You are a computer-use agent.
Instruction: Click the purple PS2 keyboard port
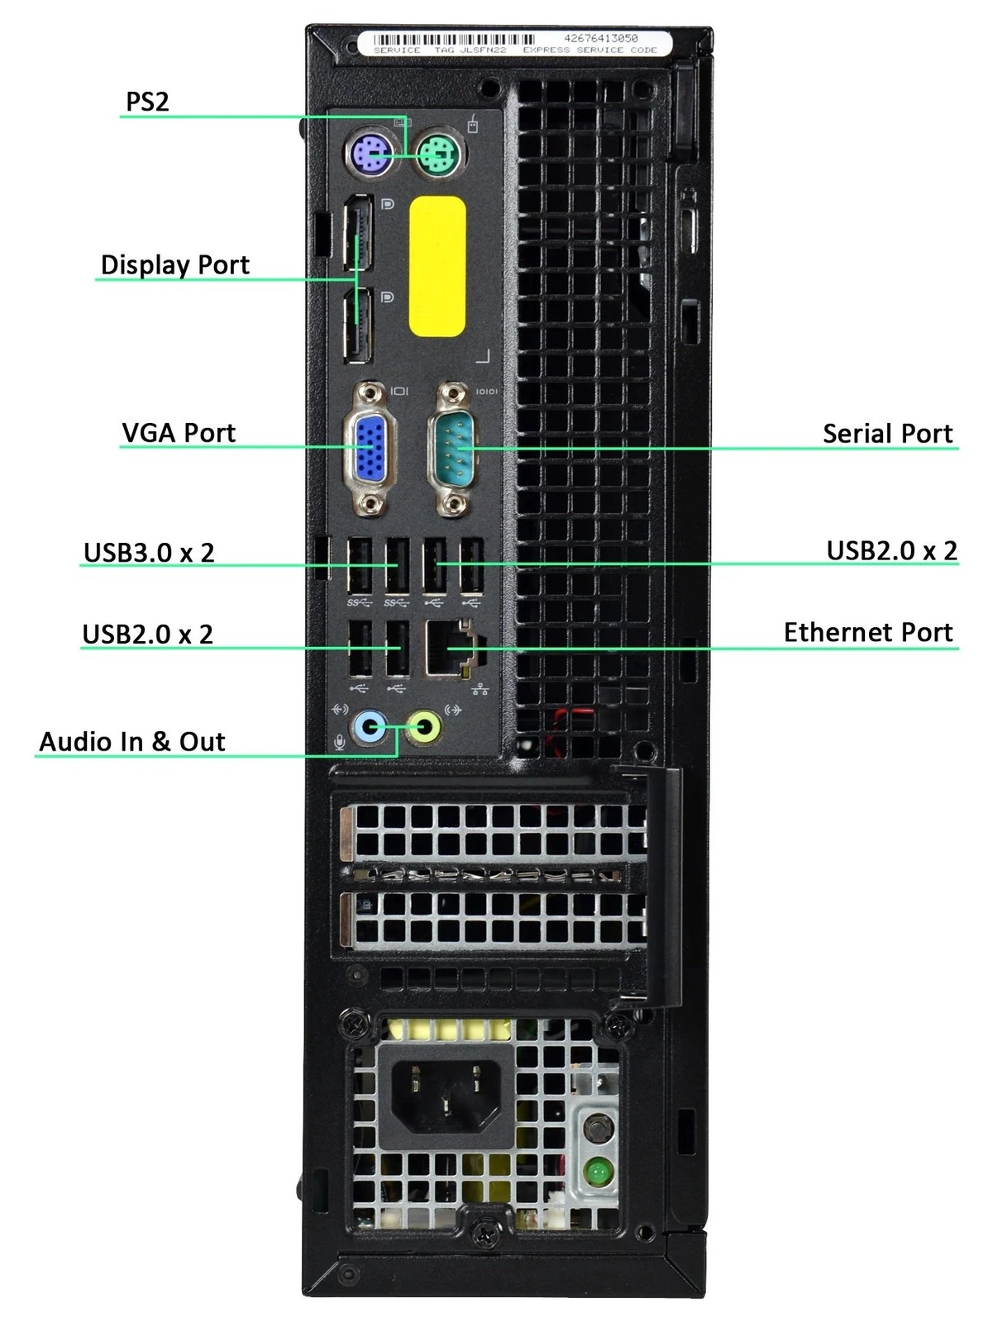[369, 152]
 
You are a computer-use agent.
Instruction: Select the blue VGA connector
[370, 449]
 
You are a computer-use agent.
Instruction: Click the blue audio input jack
[369, 728]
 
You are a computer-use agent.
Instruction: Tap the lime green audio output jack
[426, 728]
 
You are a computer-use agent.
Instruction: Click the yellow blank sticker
[437, 266]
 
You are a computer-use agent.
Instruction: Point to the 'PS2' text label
[147, 102]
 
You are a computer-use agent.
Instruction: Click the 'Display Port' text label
[174, 264]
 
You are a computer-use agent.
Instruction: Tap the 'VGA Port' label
[179, 432]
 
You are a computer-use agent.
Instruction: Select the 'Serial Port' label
[887, 433]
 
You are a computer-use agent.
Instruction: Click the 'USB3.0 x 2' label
[149, 552]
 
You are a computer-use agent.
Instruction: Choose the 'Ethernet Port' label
[868, 632]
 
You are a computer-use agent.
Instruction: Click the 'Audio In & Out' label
[132, 741]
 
